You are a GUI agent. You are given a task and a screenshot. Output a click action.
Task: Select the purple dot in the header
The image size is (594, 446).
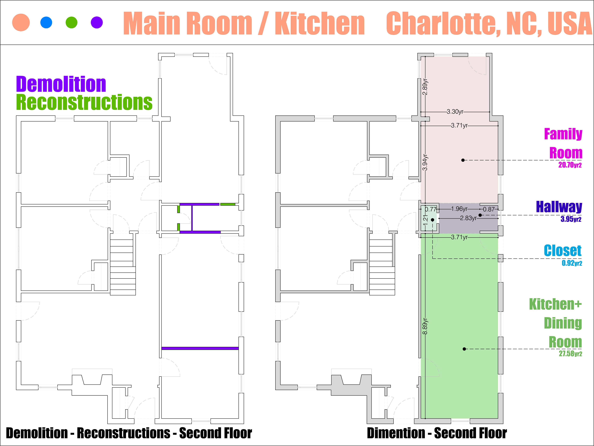click(97, 22)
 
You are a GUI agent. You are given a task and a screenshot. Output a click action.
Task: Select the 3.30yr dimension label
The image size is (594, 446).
click(455, 111)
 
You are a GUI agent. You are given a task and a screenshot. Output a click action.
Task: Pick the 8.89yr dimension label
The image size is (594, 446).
click(425, 326)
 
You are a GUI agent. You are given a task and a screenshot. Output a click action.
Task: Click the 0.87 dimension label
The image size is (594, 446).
click(489, 209)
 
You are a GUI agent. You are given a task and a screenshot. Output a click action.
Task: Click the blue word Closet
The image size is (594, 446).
click(563, 251)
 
